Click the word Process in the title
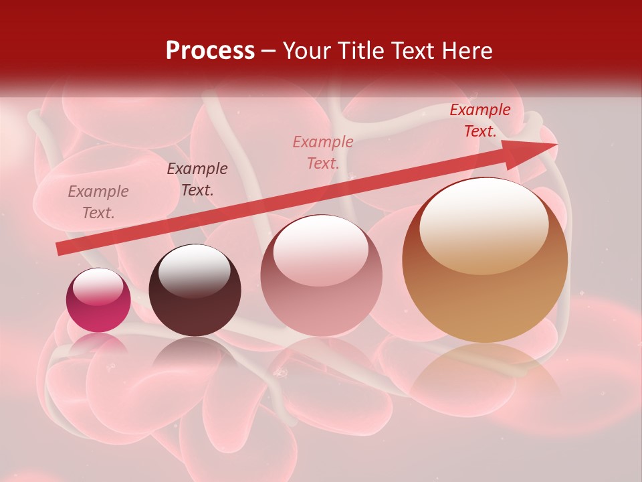(x=210, y=51)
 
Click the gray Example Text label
(x=98, y=202)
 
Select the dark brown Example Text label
(x=197, y=179)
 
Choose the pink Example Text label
(x=323, y=153)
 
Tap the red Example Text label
(x=480, y=120)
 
